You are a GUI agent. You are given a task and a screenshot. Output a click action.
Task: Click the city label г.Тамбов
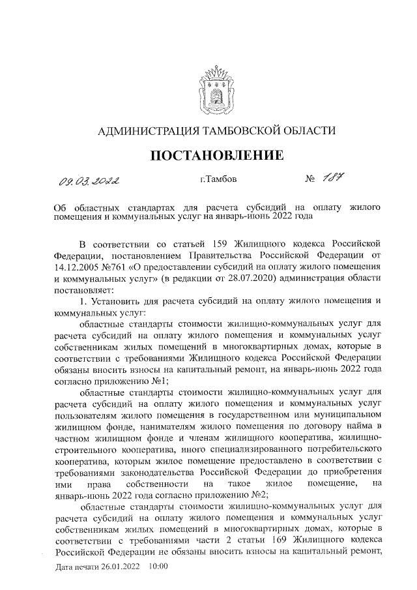coord(219,179)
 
